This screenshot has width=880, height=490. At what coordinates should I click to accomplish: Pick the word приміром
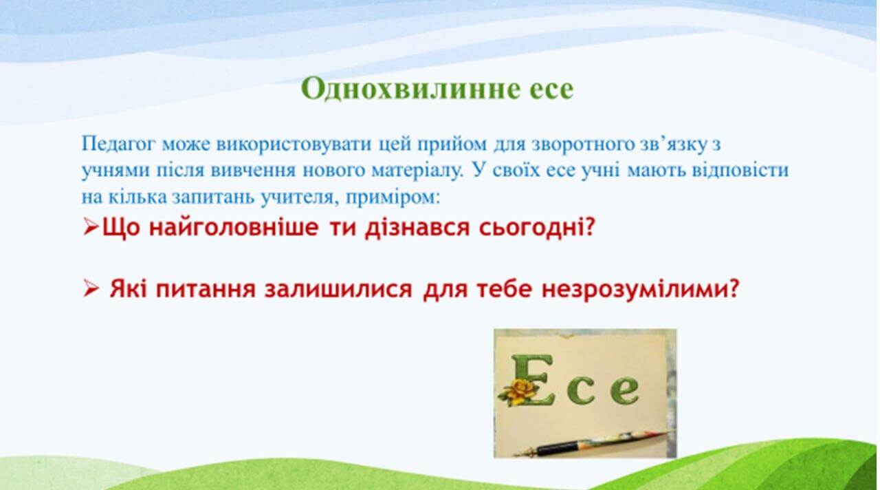(393, 198)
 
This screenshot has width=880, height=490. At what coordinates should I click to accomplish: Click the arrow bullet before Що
(91, 227)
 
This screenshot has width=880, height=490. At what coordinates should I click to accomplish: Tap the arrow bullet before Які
(91, 289)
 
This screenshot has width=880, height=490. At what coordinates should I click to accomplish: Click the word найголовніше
(233, 227)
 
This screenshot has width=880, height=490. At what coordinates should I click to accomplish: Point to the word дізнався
(417, 228)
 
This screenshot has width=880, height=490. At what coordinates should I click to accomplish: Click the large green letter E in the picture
(531, 379)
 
